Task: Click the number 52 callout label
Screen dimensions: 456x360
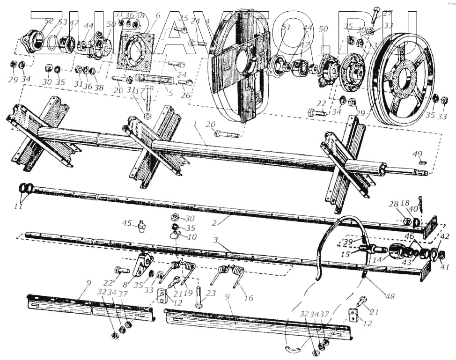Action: pyautogui.click(x=49, y=21)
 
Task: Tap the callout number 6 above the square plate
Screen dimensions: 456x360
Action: pyautogui.click(x=158, y=15)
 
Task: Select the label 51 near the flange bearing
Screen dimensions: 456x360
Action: pyautogui.click(x=287, y=27)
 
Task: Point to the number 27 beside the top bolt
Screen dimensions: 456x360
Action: pyautogui.click(x=388, y=13)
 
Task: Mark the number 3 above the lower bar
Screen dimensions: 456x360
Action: pyautogui.click(x=215, y=240)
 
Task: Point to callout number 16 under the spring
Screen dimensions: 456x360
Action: pyautogui.click(x=248, y=298)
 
